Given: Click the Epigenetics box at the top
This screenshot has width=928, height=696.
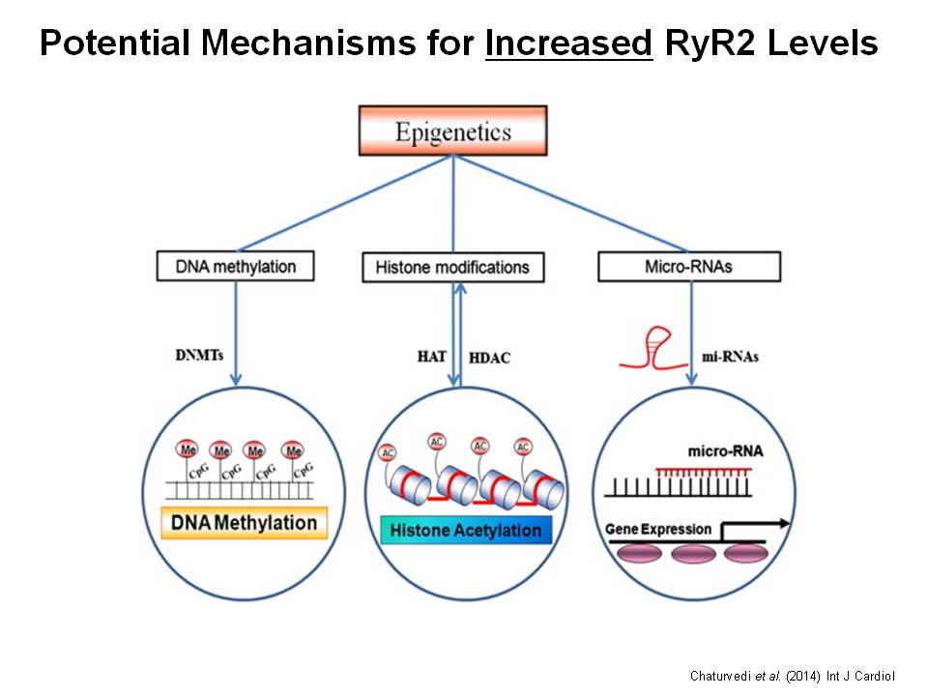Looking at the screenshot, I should [452, 130].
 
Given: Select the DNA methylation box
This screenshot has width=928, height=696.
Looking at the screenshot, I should [235, 266].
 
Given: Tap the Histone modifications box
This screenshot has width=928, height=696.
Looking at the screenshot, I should [452, 267].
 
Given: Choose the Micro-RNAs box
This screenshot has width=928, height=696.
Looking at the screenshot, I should [688, 266].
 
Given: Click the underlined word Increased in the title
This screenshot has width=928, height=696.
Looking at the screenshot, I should [569, 43].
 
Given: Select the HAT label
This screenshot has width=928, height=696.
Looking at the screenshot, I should [431, 357].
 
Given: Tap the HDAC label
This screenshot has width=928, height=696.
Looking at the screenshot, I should [489, 358].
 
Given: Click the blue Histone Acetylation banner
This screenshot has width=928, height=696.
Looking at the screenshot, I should [466, 530].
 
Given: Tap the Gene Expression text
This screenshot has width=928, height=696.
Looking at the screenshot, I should [658, 529].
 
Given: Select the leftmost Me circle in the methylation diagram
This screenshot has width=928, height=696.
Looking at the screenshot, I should [188, 449].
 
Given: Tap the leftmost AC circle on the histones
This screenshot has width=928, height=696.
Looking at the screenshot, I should [389, 452].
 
